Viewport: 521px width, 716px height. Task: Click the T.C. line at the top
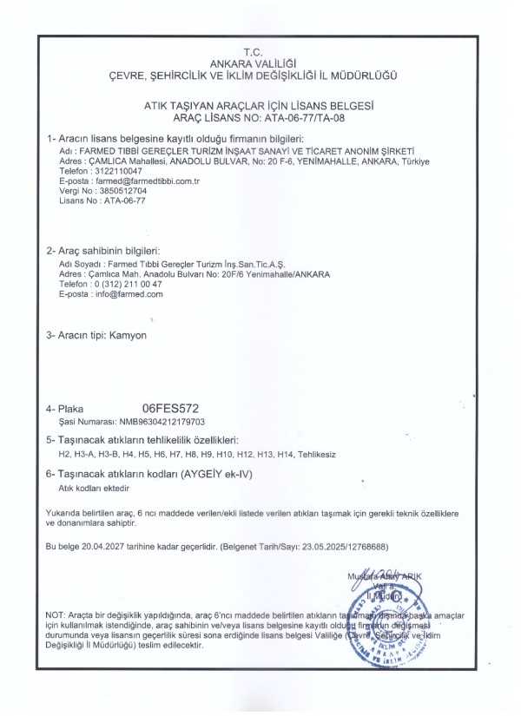260,54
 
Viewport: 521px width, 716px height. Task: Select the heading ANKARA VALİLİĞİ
260,63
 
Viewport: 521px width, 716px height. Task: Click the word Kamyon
129,333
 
